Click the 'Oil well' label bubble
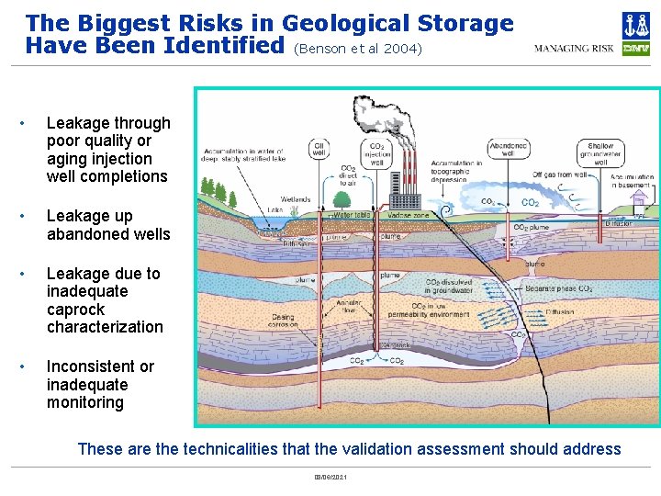(x=319, y=149)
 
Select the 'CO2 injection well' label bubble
(x=376, y=155)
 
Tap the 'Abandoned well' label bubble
(x=508, y=149)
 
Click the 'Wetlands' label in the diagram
(x=296, y=199)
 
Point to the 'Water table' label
(x=351, y=215)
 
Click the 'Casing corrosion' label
(x=283, y=321)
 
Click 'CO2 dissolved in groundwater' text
(x=450, y=287)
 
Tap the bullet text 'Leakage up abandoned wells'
(x=108, y=225)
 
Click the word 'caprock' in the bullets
(x=76, y=310)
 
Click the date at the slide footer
(x=330, y=478)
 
